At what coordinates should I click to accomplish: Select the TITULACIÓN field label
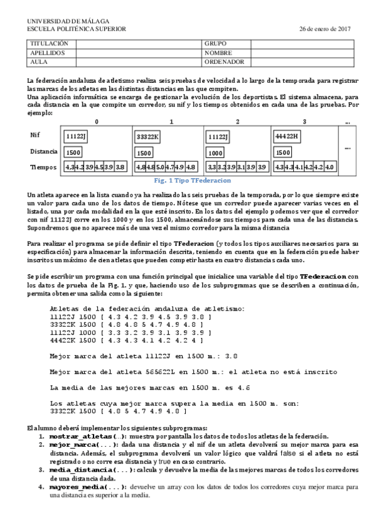48,44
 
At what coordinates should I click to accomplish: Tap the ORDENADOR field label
224,62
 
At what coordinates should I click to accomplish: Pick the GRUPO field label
215,44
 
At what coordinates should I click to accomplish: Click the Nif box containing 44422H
287,136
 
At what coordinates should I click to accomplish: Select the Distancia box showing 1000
216,152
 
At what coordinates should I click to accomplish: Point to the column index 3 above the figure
304,122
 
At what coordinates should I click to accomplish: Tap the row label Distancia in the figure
43,151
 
